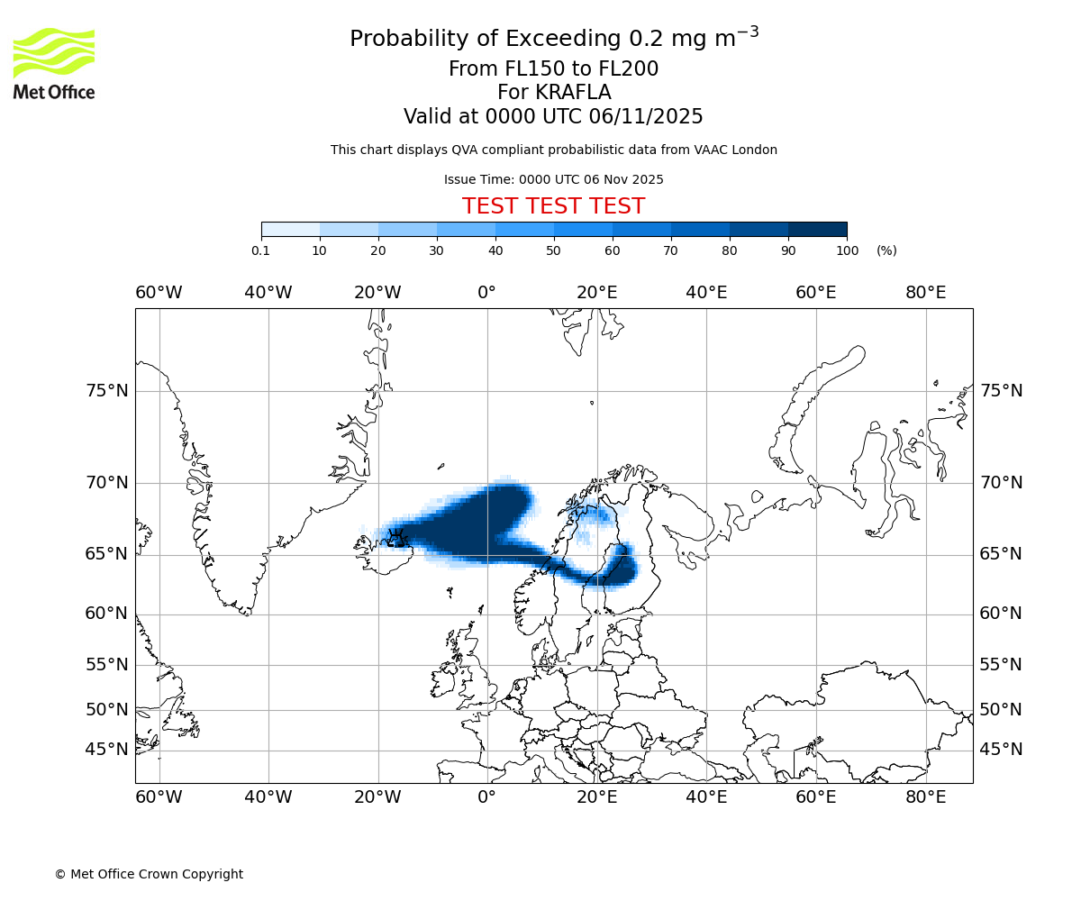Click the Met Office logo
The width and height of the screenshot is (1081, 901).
tap(54, 63)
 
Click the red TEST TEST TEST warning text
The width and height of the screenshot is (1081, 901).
tap(553, 206)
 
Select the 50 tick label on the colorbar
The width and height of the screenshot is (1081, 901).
tap(553, 250)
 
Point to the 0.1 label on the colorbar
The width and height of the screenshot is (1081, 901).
tap(261, 250)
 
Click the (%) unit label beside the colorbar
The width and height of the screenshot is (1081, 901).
tap(886, 250)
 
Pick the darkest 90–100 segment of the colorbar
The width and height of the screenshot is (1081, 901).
tap(817, 229)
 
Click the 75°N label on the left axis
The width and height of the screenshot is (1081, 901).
tap(107, 391)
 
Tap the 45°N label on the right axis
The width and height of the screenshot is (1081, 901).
tap(1001, 750)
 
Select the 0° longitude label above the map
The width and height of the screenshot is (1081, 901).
tap(486, 293)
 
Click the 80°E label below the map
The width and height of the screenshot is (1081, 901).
tap(925, 797)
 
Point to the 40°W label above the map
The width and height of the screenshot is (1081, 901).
tap(268, 293)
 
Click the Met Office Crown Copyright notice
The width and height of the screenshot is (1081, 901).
tap(149, 874)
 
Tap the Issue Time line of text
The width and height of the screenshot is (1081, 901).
tap(553, 179)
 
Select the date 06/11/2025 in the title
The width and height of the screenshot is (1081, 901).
tap(646, 117)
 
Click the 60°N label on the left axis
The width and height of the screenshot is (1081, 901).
tap(107, 614)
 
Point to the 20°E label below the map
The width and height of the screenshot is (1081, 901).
tap(596, 797)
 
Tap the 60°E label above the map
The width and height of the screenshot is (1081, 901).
tap(815, 293)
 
